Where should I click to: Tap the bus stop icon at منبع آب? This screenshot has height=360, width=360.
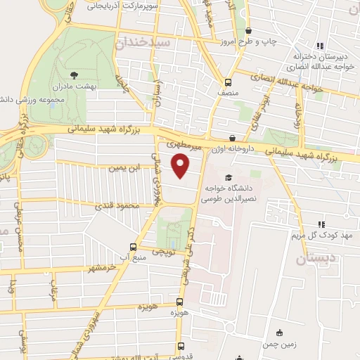pyautogui.click(x=134, y=247)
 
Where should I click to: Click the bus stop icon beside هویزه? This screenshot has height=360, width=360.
pyautogui.click(x=179, y=305)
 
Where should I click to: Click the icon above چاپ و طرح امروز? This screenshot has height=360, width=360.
pyautogui.click(x=249, y=30)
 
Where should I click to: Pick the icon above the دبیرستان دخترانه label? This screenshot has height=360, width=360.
pyautogui.click(x=320, y=46)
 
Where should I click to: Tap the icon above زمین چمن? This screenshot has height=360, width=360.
pyautogui.click(x=279, y=333)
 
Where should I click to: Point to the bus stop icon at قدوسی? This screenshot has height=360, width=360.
pyautogui.click(x=181, y=346)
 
